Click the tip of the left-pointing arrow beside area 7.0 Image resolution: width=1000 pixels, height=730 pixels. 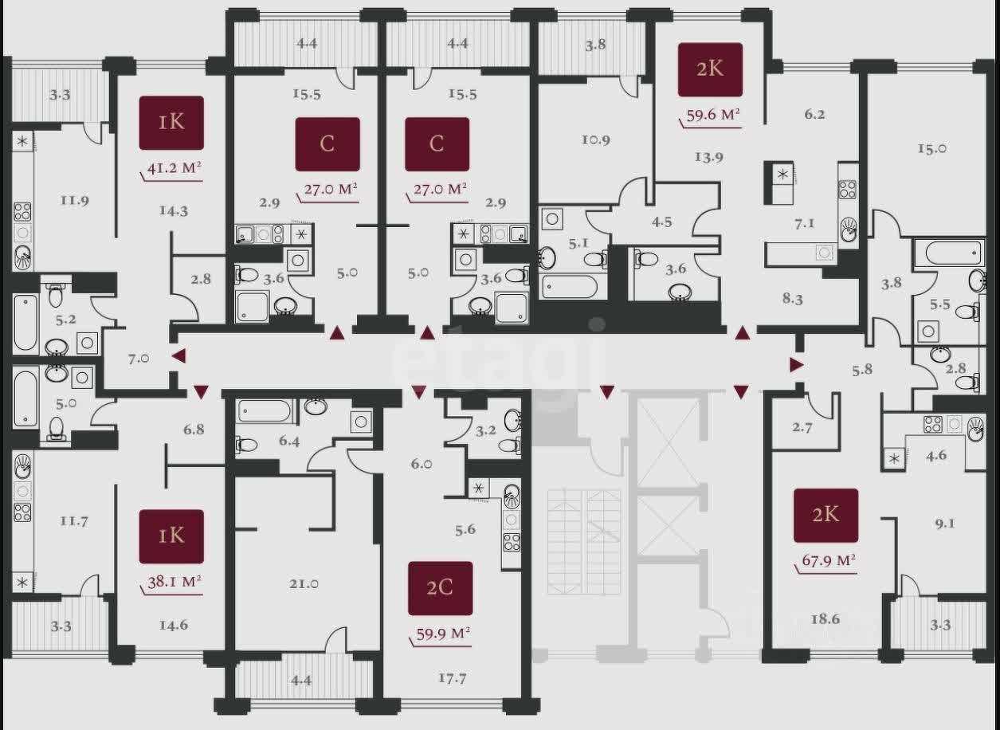(172, 356)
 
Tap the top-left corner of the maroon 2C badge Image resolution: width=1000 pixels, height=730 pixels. (409, 562)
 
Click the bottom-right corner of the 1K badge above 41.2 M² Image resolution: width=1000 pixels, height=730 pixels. (204, 150)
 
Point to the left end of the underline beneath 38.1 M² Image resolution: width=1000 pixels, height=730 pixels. (140, 587)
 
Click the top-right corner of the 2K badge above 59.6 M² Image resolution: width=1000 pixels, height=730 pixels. (743, 43)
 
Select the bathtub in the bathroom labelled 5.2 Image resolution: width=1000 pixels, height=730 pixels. (25, 322)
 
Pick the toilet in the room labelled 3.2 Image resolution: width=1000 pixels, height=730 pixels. (508, 445)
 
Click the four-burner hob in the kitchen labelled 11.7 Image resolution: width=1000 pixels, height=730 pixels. (22, 512)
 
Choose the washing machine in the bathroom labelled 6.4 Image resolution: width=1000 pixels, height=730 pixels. (361, 421)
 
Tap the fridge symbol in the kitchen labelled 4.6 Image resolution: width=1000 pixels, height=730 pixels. (894, 459)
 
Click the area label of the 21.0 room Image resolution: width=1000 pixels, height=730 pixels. (304, 583)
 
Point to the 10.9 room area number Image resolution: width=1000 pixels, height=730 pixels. (595, 139)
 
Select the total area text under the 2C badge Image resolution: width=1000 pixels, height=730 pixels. (443, 634)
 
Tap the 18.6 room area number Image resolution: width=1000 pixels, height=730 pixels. (825, 618)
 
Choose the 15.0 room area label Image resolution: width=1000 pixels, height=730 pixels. (931, 148)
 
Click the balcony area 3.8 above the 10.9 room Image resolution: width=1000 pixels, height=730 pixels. (595, 45)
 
